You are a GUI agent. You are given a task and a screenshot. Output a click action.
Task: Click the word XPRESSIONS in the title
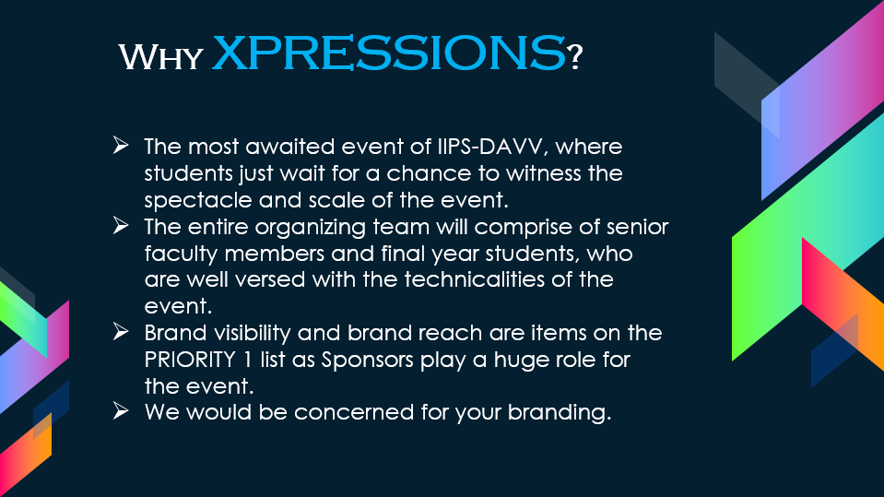click(x=388, y=53)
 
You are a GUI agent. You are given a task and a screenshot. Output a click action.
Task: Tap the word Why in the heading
click(x=160, y=57)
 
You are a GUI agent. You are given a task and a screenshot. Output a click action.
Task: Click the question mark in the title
click(x=574, y=57)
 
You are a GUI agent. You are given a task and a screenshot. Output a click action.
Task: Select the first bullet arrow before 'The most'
click(x=121, y=145)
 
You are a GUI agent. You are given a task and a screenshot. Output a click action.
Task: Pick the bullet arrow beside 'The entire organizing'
click(x=121, y=225)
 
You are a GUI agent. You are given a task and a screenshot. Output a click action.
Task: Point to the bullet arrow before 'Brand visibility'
click(x=121, y=331)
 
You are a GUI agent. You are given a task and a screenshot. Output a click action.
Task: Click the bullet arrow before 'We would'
click(x=121, y=410)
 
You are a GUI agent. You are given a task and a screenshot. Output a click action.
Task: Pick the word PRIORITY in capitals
click(x=190, y=360)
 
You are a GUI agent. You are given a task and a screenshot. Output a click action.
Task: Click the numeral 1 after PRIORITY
click(x=248, y=360)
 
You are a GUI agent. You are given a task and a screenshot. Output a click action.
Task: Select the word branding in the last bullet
click(x=560, y=413)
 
